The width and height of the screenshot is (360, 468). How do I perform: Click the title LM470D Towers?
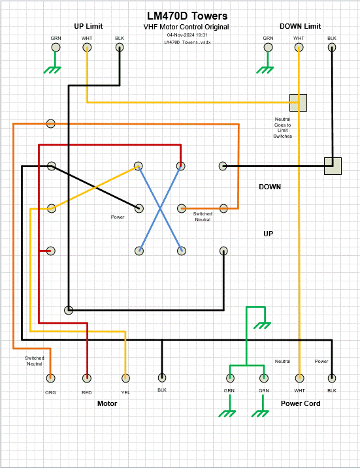[x=188, y=16]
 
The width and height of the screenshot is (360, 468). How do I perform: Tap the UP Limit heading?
[x=88, y=26]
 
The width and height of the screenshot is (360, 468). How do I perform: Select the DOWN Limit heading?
[x=301, y=26]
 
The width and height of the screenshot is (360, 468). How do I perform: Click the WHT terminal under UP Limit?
[x=87, y=48]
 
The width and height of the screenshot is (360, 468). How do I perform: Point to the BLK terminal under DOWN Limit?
[x=332, y=48]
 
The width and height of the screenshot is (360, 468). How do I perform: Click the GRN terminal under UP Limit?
[x=56, y=48]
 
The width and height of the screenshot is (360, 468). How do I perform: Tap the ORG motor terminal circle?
[x=50, y=378]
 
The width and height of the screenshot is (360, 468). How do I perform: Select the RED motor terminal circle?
[x=87, y=378]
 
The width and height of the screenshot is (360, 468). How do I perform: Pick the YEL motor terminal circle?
[x=126, y=378]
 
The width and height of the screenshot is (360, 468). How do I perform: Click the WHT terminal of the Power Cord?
[x=299, y=378]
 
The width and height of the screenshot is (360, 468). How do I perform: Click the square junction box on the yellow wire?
[x=298, y=102]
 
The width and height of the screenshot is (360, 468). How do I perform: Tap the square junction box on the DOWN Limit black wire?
[x=333, y=166]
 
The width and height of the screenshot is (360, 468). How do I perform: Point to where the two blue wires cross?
[x=160, y=209]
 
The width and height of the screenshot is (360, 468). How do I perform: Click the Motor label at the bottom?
[x=107, y=403]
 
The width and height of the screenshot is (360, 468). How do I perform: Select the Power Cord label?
[x=301, y=403]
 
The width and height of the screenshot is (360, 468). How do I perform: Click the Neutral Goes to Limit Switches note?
[x=283, y=127]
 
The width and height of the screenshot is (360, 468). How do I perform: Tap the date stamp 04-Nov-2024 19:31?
[x=188, y=35]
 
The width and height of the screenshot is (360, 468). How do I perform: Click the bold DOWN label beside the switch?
[x=270, y=187]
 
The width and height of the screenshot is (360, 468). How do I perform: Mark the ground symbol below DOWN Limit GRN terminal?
[x=265, y=70]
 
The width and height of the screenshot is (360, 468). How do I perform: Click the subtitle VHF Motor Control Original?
[x=186, y=27]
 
